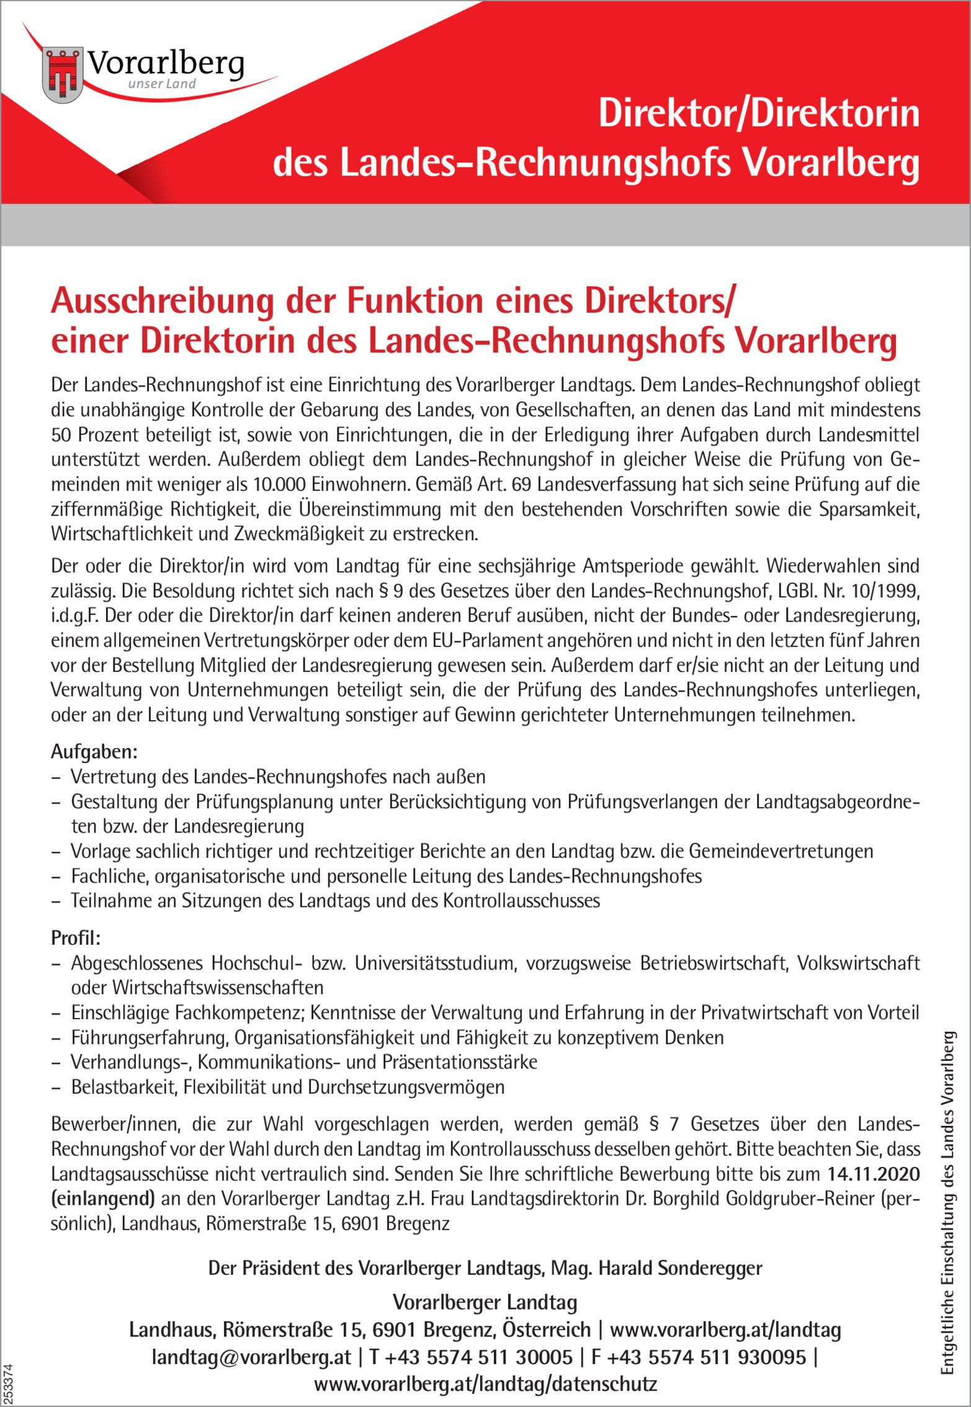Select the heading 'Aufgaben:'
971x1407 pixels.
point(94,752)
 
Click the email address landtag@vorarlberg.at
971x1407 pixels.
point(251,1357)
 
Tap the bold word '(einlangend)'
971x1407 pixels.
point(102,1199)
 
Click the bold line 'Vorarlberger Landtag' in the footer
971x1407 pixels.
point(485,1302)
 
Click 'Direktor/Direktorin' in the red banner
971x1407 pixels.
point(758,115)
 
